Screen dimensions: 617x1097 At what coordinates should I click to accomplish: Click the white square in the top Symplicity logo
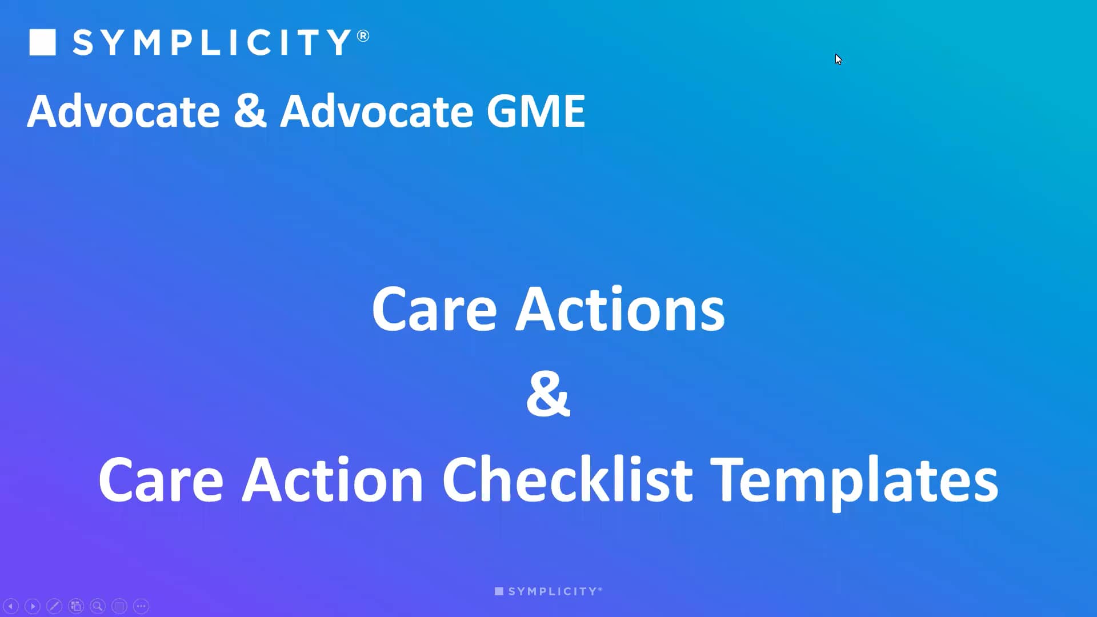click(x=42, y=42)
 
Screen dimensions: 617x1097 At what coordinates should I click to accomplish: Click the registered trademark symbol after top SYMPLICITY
click(x=363, y=36)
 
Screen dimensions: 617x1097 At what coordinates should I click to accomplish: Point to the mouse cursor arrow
click(x=838, y=59)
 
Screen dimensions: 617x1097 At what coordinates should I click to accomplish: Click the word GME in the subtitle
click(x=535, y=111)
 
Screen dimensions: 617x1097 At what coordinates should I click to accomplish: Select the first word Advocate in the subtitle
click(x=123, y=111)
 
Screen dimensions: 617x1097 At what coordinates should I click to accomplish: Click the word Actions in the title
click(x=620, y=309)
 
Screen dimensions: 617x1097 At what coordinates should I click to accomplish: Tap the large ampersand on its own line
click(x=548, y=394)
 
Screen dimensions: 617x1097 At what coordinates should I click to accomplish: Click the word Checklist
click(x=567, y=479)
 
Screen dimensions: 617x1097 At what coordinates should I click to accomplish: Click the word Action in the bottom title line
click(x=332, y=479)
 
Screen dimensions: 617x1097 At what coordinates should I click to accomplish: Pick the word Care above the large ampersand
click(x=434, y=309)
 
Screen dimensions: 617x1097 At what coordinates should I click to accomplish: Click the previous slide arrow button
click(x=11, y=606)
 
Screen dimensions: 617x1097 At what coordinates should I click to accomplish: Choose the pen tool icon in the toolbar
click(x=54, y=606)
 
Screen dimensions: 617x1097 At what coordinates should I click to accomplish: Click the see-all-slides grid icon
click(x=76, y=606)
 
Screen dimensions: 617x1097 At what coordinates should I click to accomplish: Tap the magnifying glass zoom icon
click(x=98, y=606)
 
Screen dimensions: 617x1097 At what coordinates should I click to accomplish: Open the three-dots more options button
click(x=141, y=606)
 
